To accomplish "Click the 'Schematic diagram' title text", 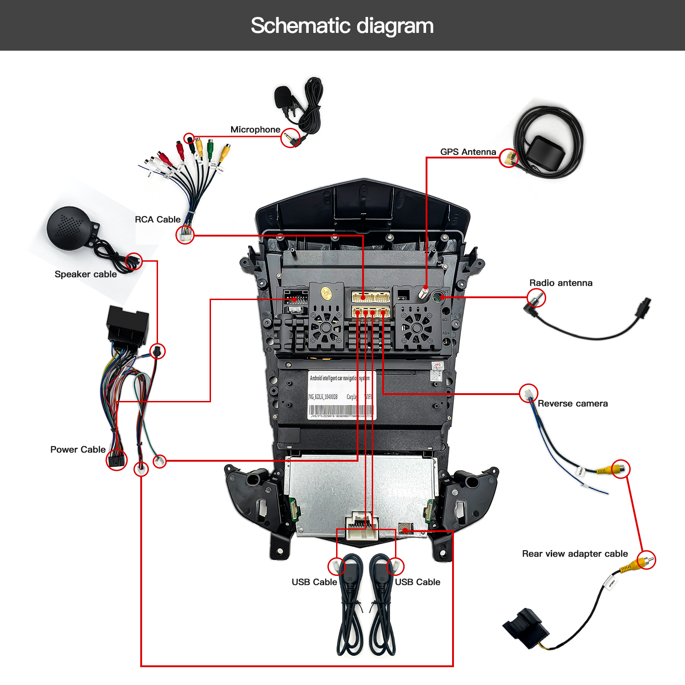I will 342,26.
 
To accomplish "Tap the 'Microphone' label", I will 255,130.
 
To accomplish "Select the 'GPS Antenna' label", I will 468,152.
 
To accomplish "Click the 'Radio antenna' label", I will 561,283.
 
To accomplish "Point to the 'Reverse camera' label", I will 573,404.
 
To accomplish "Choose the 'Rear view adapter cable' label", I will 575,554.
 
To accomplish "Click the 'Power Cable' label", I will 78,450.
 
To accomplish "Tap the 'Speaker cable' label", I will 85,274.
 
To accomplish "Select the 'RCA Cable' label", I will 158,220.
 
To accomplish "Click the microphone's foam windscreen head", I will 284,97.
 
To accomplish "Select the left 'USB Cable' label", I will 314,582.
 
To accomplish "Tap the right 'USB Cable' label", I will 417,582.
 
